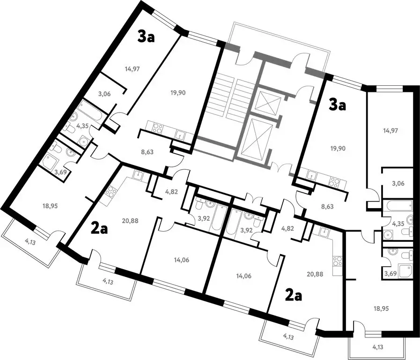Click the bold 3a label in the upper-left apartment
coord(146,37)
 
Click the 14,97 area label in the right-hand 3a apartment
coord(391,131)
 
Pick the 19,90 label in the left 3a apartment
coord(178,93)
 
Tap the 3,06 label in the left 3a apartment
coord(104,94)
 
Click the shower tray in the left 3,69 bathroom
coord(51,160)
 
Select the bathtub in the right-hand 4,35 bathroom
coord(398,206)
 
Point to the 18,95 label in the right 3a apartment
coord(381,309)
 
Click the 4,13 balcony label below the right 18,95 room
coord(378,347)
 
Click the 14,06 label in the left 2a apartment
coord(182,260)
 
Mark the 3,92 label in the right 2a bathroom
coord(247,230)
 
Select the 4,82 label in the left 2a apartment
coord(172,192)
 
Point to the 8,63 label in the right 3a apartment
coord(327,207)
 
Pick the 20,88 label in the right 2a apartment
coord(316,274)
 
